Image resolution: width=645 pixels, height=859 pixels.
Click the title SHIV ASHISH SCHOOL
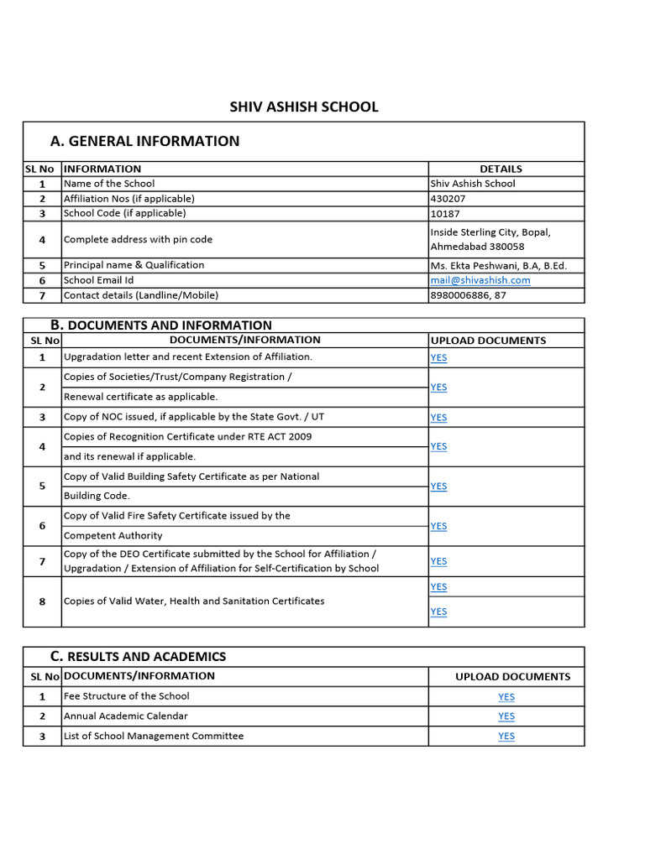pos(304,107)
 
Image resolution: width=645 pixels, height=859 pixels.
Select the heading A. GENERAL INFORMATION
pos(144,141)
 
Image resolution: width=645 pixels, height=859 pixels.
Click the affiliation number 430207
pos(448,199)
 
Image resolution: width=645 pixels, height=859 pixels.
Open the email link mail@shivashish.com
pos(480,280)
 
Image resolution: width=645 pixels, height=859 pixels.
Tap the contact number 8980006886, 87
pos(468,294)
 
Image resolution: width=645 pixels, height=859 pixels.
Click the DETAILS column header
pos(501,169)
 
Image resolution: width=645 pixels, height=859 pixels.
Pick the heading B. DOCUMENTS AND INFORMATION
pos(160,325)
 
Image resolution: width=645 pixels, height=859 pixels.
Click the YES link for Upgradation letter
pos(438,357)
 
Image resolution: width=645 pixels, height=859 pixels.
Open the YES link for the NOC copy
pos(438,417)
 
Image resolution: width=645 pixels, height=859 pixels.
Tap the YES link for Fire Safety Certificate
pos(438,526)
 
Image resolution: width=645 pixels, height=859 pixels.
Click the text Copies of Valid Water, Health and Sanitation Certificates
pos(194,601)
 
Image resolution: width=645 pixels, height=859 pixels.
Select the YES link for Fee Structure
pos(506,696)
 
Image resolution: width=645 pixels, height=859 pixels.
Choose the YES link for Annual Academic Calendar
pos(506,716)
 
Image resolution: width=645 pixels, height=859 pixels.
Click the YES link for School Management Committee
pos(506,736)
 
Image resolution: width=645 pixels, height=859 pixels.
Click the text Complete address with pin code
pos(138,239)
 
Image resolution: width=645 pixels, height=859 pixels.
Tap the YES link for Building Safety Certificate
pos(438,486)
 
